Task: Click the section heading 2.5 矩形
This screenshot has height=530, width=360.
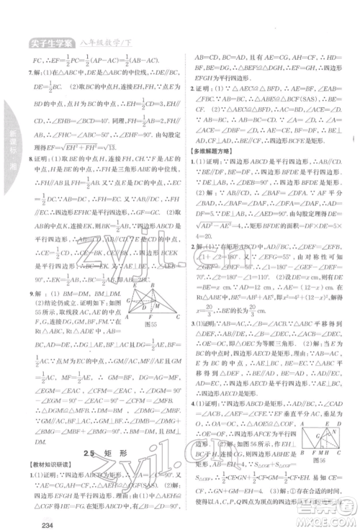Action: [99, 432]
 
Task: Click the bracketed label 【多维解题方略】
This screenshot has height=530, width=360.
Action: [215, 153]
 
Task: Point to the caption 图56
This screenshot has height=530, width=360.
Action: [325, 457]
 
